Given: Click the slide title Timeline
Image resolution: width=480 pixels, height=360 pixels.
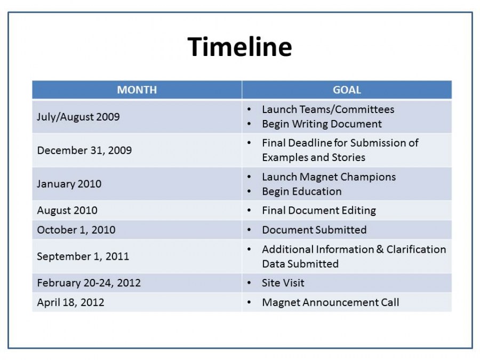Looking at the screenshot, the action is pyautogui.click(x=239, y=47).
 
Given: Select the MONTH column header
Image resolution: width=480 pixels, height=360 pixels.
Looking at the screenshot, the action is pyautogui.click(x=137, y=90).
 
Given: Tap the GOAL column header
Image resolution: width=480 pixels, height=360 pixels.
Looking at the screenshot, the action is pyautogui.click(x=347, y=90).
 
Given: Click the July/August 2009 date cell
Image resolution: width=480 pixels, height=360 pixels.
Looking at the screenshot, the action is pyautogui.click(x=78, y=117).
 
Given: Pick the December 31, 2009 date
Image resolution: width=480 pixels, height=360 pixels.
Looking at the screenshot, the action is pyautogui.click(x=84, y=150).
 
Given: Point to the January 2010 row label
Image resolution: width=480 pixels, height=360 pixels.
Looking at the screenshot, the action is pyautogui.click(x=69, y=183).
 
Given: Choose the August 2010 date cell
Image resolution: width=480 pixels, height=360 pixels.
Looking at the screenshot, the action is pyautogui.click(x=67, y=210).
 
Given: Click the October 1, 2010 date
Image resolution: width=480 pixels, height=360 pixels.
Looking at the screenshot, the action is pyautogui.click(x=76, y=230).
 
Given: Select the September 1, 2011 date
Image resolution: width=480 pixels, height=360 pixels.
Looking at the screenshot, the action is pyautogui.click(x=83, y=256).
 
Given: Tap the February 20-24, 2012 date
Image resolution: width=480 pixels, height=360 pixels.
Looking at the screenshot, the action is pyautogui.click(x=89, y=283).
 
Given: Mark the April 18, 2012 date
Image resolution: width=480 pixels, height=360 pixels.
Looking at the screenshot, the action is pyautogui.click(x=70, y=302).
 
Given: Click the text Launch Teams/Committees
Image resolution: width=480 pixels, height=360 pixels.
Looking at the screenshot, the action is pyautogui.click(x=328, y=109).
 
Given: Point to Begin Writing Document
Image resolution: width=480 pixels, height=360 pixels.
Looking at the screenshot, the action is pyautogui.click(x=322, y=124).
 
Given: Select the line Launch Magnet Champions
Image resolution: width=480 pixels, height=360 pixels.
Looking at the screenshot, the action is pyautogui.click(x=329, y=177).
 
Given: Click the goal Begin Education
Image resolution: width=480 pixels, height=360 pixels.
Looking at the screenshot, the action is pyautogui.click(x=302, y=191).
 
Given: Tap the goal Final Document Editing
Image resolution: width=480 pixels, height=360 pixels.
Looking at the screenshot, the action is pyautogui.click(x=319, y=210).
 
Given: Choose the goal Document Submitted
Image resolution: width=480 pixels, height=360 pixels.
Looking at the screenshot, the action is pyautogui.click(x=314, y=230).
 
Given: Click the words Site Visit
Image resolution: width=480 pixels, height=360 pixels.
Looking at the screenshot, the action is pyautogui.click(x=283, y=283).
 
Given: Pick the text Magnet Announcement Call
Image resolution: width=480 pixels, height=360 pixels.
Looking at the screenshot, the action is pyautogui.click(x=331, y=302).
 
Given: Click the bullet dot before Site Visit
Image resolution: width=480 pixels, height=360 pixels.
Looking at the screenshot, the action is pyautogui.click(x=249, y=283).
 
